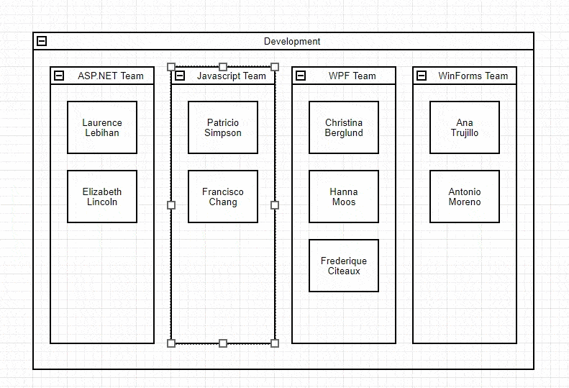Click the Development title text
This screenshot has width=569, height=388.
point(292,42)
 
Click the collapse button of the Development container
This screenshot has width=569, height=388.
point(42,41)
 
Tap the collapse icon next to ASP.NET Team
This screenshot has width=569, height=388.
point(59,76)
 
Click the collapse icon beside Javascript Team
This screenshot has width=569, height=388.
point(180,76)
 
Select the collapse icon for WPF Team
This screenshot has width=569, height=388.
point(301,76)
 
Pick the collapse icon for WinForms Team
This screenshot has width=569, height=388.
point(422,76)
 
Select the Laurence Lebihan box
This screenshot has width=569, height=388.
point(102,127)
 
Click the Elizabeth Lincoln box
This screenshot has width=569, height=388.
point(102,197)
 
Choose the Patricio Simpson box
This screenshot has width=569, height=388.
point(223,127)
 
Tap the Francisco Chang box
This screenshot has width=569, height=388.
point(223,197)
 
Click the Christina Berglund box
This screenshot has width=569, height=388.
point(344,127)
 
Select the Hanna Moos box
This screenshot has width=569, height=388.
point(344,197)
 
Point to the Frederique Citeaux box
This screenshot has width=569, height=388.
point(344,266)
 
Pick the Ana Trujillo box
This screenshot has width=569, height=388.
point(465,127)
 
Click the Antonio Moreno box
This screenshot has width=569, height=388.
point(465,197)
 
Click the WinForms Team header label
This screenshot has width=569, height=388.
point(473,76)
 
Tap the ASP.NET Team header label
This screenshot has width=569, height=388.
point(110,76)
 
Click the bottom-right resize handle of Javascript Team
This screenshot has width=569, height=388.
point(275,343)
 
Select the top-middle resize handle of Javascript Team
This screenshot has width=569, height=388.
point(223,67)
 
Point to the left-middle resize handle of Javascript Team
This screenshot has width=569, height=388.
point(171,205)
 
